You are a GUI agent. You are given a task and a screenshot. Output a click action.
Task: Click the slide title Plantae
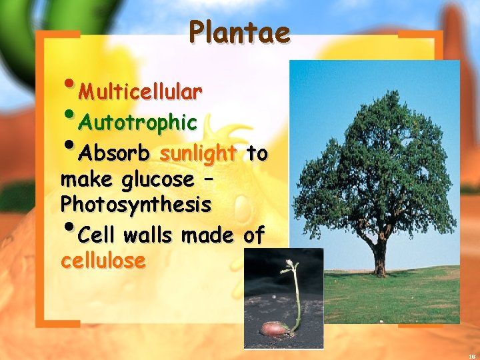coord(239,31)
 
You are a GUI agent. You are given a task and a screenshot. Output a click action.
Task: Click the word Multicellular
coord(140,91)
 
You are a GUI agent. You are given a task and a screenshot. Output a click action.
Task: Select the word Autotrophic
coord(137,123)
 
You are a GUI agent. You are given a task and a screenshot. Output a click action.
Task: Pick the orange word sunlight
coord(199,154)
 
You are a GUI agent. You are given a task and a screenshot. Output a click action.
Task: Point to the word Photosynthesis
coord(136,205)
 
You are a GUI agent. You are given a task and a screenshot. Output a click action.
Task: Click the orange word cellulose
coord(103,261)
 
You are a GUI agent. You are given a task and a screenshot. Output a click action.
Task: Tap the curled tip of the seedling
coord(288,267)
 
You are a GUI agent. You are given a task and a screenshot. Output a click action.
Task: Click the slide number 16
coord(471,355)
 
